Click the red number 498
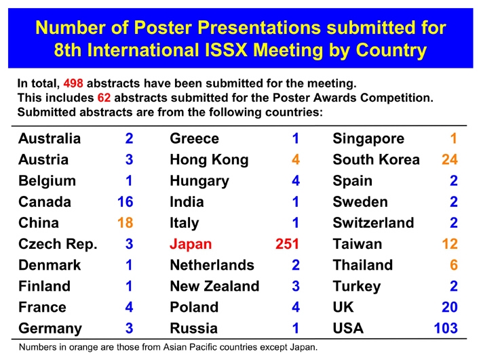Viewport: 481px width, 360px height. click(x=73, y=83)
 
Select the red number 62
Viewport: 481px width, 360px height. click(x=104, y=98)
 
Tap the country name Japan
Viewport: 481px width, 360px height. click(x=191, y=244)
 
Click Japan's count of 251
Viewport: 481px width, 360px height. click(x=287, y=244)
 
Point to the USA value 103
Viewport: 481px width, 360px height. click(x=446, y=328)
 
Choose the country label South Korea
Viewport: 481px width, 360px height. click(x=376, y=159)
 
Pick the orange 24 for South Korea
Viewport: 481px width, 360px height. click(x=450, y=159)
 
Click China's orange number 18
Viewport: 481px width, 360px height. click(x=125, y=223)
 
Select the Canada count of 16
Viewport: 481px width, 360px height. click(x=125, y=202)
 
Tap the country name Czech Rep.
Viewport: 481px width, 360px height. click(x=58, y=244)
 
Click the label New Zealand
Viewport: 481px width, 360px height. click(x=214, y=286)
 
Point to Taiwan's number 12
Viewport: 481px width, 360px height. click(x=450, y=244)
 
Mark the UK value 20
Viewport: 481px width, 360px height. click(x=450, y=307)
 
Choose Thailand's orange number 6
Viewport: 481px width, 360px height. click(x=454, y=265)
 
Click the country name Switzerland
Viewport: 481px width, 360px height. click(x=373, y=223)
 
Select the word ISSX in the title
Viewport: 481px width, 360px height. click(x=226, y=50)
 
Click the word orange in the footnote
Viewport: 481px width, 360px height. click(x=85, y=348)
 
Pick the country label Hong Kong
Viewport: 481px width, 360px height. click(x=209, y=160)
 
